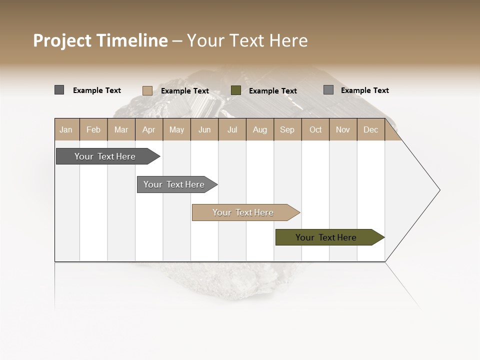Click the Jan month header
66,129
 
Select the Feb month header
93,129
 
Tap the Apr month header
148,129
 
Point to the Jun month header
204,129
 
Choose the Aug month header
259,129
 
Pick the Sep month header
287,129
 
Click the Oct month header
315,129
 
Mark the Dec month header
370,129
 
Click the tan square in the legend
147,90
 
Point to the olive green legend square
236,90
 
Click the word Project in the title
62,40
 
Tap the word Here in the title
288,40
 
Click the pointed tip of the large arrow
439,190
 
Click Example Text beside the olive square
272,91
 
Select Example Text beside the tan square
184,91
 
